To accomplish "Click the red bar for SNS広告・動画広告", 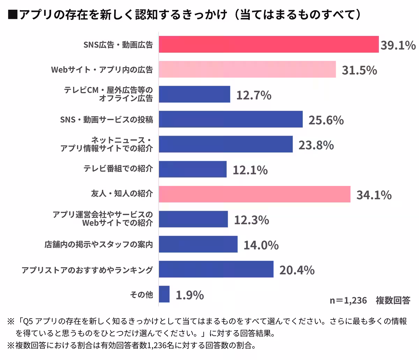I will pyautogui.click(x=269, y=44).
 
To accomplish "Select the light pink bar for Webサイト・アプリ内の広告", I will pyautogui.click(x=247, y=70).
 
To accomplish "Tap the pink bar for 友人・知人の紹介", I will pyautogui.click(x=255, y=194).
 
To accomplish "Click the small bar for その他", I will pyautogui.click(x=164, y=294).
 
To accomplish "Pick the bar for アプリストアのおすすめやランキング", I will pyautogui.click(x=216, y=269).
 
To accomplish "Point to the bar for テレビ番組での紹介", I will pyautogui.click(x=193, y=169).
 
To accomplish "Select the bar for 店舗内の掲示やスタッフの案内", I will pyautogui.click(x=198, y=244).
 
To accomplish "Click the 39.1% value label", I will pyautogui.click(x=398, y=45).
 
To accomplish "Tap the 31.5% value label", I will pyautogui.click(x=359, y=70).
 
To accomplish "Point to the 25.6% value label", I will pyautogui.click(x=326, y=120).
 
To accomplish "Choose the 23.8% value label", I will pyautogui.click(x=316, y=145).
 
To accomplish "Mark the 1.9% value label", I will pyautogui.click(x=190, y=295).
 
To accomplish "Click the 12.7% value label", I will pyautogui.click(x=254, y=95).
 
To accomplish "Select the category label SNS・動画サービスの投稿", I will pyautogui.click(x=106, y=120).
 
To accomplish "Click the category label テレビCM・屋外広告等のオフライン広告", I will pyautogui.click(x=108, y=94).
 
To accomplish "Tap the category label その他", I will pyautogui.click(x=141, y=295).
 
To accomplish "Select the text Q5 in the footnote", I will pyautogui.click(x=28, y=321).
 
